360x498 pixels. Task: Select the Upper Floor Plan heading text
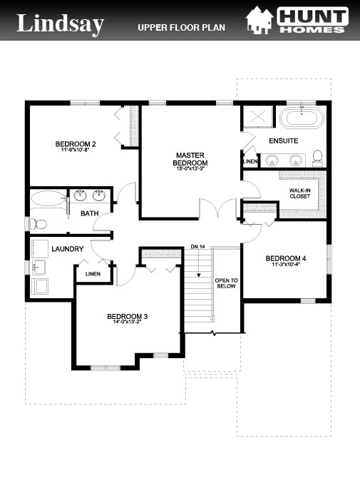pyautogui.click(x=181, y=28)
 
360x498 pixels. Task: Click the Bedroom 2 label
pyautogui.click(x=76, y=145)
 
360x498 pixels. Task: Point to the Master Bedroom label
pyautogui.click(x=191, y=158)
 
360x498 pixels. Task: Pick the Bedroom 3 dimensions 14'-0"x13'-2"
pyautogui.click(x=127, y=323)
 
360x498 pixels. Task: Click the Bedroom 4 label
pyautogui.click(x=285, y=258)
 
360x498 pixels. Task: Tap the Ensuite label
pyautogui.click(x=284, y=141)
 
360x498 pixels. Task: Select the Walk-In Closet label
pyautogui.click(x=299, y=193)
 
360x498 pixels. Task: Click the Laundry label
pyautogui.click(x=68, y=249)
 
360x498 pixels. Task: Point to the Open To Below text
pyautogui.click(x=226, y=285)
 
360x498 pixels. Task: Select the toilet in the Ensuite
pyautogui.click(x=319, y=157)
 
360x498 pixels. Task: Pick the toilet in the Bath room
pyautogui.click(x=39, y=224)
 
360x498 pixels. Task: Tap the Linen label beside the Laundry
pyautogui.click(x=93, y=273)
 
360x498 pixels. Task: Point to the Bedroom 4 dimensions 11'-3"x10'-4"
pyautogui.click(x=285, y=265)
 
